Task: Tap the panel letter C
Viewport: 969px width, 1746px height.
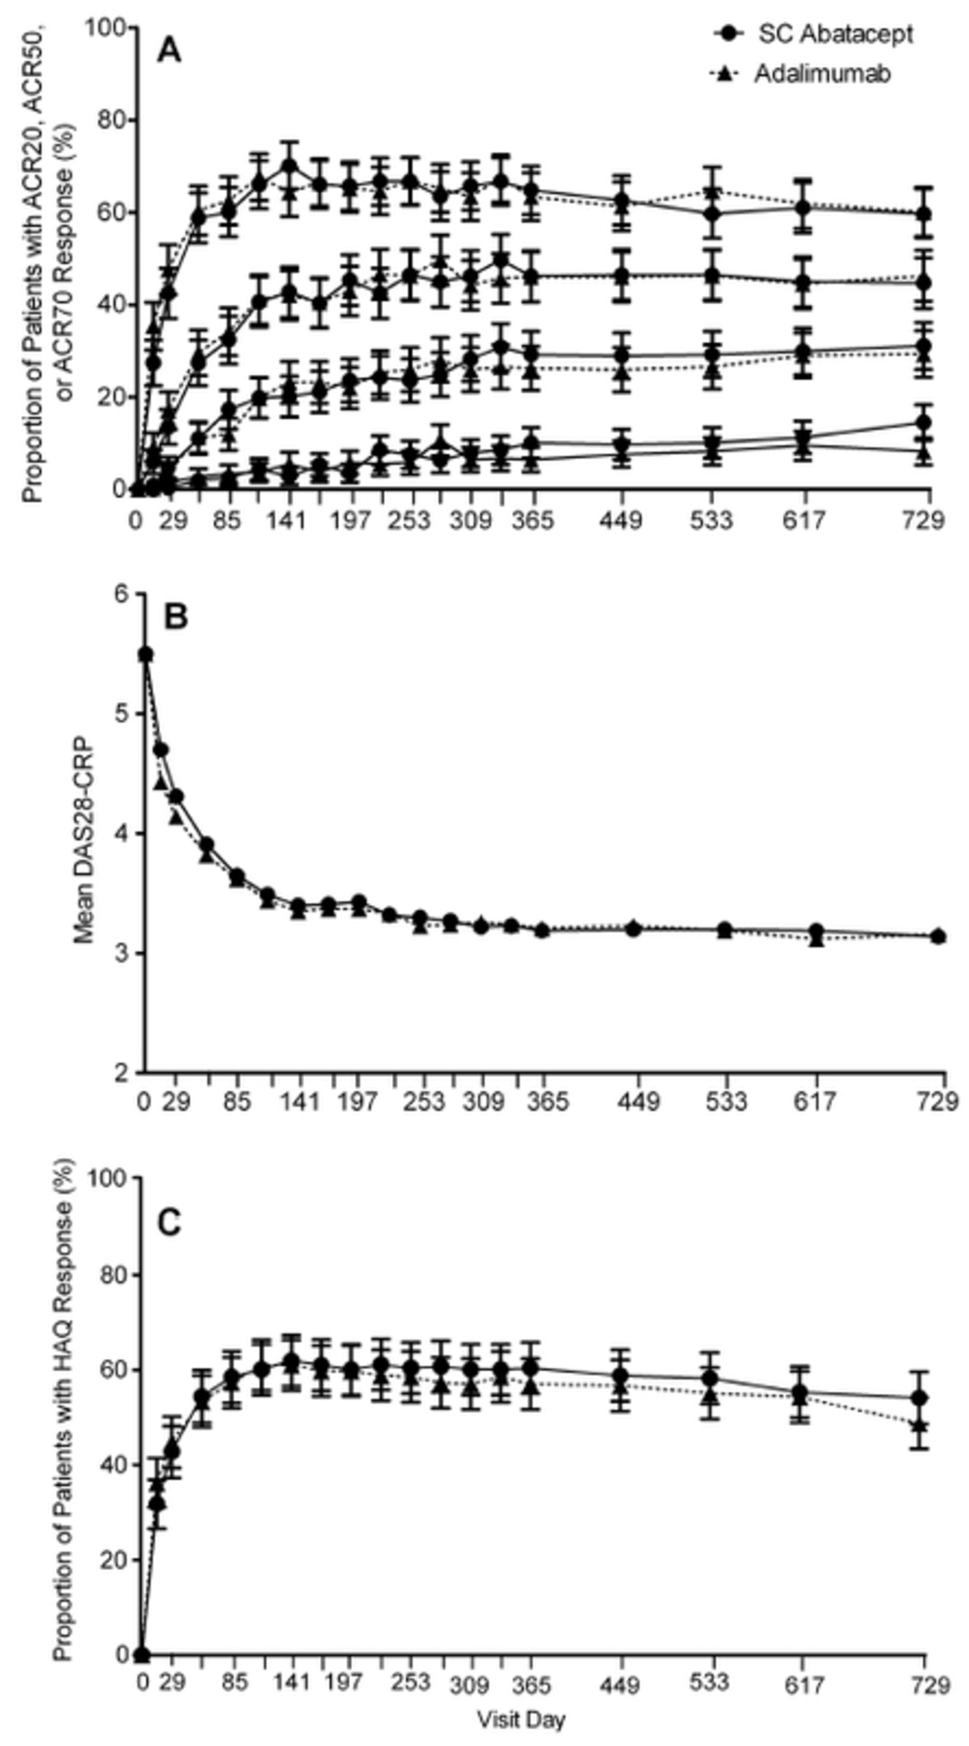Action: click(170, 1223)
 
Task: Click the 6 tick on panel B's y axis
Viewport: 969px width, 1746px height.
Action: click(122, 594)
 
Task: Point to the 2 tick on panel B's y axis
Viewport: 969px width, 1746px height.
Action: click(122, 1073)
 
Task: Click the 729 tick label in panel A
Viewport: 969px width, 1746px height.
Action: click(922, 519)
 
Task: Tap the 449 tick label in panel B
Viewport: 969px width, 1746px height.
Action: click(637, 1101)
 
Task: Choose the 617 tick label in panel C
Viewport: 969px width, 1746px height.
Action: click(803, 1683)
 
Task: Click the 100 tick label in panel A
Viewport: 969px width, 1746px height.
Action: click(106, 28)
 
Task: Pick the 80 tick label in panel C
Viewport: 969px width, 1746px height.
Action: click(112, 1275)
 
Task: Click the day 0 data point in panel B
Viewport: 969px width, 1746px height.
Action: click(146, 655)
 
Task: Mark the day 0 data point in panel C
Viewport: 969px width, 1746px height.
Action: click(142, 1655)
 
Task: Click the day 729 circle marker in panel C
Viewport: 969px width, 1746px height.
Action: click(922, 1397)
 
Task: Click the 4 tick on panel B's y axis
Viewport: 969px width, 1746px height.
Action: click(122, 833)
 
